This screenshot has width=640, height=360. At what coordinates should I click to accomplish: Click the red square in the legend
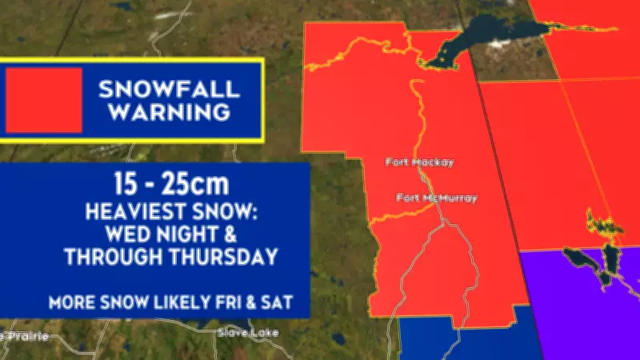click(44, 100)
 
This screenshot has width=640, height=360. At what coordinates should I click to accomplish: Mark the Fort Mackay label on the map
click(419, 162)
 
